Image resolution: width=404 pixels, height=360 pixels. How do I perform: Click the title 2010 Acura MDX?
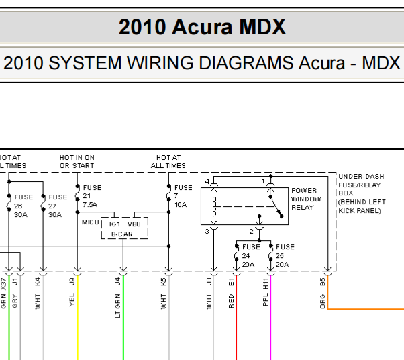click(x=202, y=27)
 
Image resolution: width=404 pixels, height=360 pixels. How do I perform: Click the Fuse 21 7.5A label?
click(x=92, y=196)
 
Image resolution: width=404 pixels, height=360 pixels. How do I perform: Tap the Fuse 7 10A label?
click(x=183, y=196)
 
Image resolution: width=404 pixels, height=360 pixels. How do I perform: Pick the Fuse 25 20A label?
click(x=285, y=255)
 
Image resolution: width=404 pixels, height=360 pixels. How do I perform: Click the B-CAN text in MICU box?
click(x=122, y=234)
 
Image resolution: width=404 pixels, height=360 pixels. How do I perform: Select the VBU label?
click(x=134, y=224)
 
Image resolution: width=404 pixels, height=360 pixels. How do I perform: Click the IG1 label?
click(x=115, y=224)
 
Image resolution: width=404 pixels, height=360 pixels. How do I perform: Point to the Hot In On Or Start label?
click(x=77, y=161)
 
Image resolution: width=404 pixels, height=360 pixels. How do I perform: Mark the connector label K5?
click(x=163, y=281)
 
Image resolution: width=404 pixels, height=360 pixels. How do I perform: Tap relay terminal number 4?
click(x=208, y=181)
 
